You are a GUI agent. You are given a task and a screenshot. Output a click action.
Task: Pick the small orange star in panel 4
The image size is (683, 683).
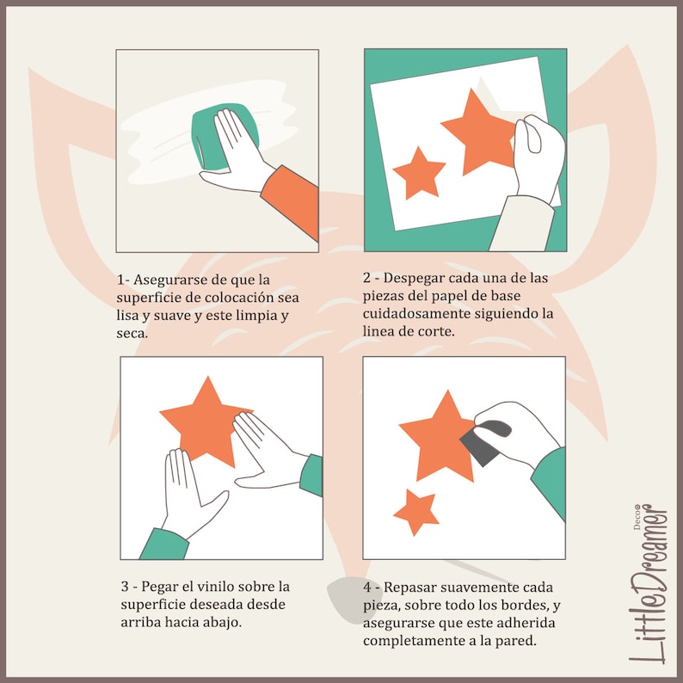(x=416, y=511)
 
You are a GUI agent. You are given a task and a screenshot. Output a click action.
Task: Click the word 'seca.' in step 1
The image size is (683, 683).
(x=132, y=334)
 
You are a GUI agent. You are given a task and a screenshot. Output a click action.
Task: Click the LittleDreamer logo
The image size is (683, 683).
(x=649, y=584)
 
